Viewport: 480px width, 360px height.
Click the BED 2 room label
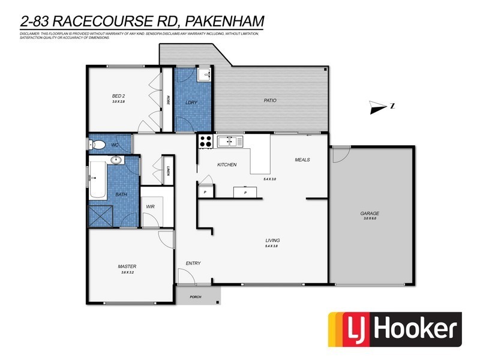[118, 96]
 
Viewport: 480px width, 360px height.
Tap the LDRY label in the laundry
[191, 103]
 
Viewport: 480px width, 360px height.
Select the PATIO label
[270, 100]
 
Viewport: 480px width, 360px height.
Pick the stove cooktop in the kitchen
[205, 142]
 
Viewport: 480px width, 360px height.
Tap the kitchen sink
[230, 142]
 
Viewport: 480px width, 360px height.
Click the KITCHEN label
[227, 164]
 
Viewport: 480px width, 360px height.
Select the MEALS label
[302, 160]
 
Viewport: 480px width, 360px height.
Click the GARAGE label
[370, 214]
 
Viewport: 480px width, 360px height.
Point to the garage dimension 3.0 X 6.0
[370, 219]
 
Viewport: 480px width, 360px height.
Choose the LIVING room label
[272, 241]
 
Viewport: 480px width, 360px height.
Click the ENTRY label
[193, 263]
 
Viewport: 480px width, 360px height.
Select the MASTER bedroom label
[127, 266]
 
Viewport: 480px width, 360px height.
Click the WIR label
[151, 207]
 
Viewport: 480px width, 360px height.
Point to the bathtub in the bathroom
[97, 178]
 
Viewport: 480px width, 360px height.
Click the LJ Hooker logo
[394, 329]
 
